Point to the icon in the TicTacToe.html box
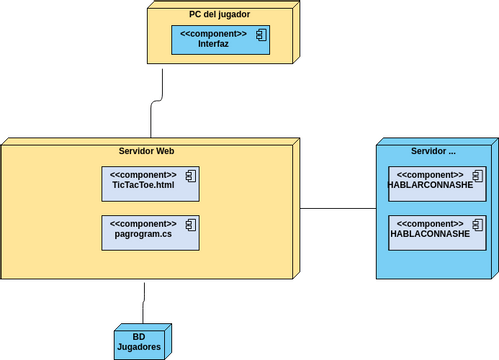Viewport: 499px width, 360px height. click(x=190, y=176)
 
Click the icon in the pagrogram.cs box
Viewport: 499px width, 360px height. click(x=190, y=224)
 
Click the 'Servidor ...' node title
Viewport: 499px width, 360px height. click(x=433, y=150)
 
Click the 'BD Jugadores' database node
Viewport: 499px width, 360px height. click(x=141, y=341)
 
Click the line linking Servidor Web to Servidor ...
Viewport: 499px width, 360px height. click(x=338, y=209)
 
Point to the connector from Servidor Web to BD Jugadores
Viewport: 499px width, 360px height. click(x=145, y=300)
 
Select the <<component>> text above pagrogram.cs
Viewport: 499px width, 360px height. click(x=142, y=223)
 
